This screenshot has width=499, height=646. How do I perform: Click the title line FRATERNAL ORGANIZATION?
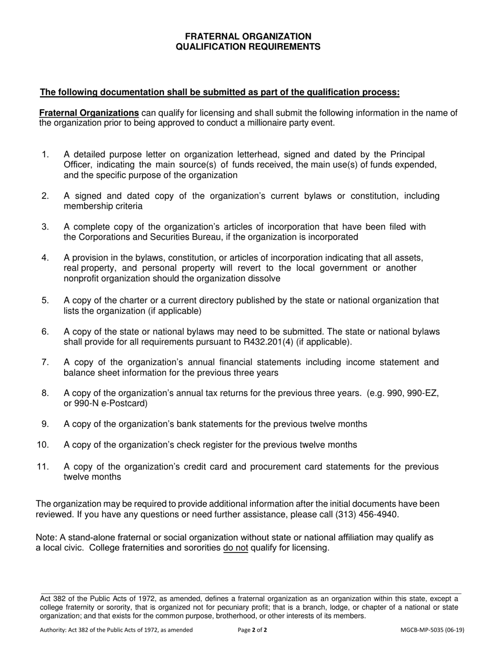tap(248, 36)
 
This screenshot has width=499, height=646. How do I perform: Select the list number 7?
tap(45, 362)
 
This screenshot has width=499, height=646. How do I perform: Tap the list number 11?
tap(43, 466)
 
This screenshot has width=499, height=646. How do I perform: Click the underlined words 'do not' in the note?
tap(235, 548)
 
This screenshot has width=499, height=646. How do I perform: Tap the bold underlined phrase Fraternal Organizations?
tap(89, 113)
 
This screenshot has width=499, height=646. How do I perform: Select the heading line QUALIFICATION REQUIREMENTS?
tap(248, 47)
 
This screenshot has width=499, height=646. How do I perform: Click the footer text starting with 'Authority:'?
tap(116, 630)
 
